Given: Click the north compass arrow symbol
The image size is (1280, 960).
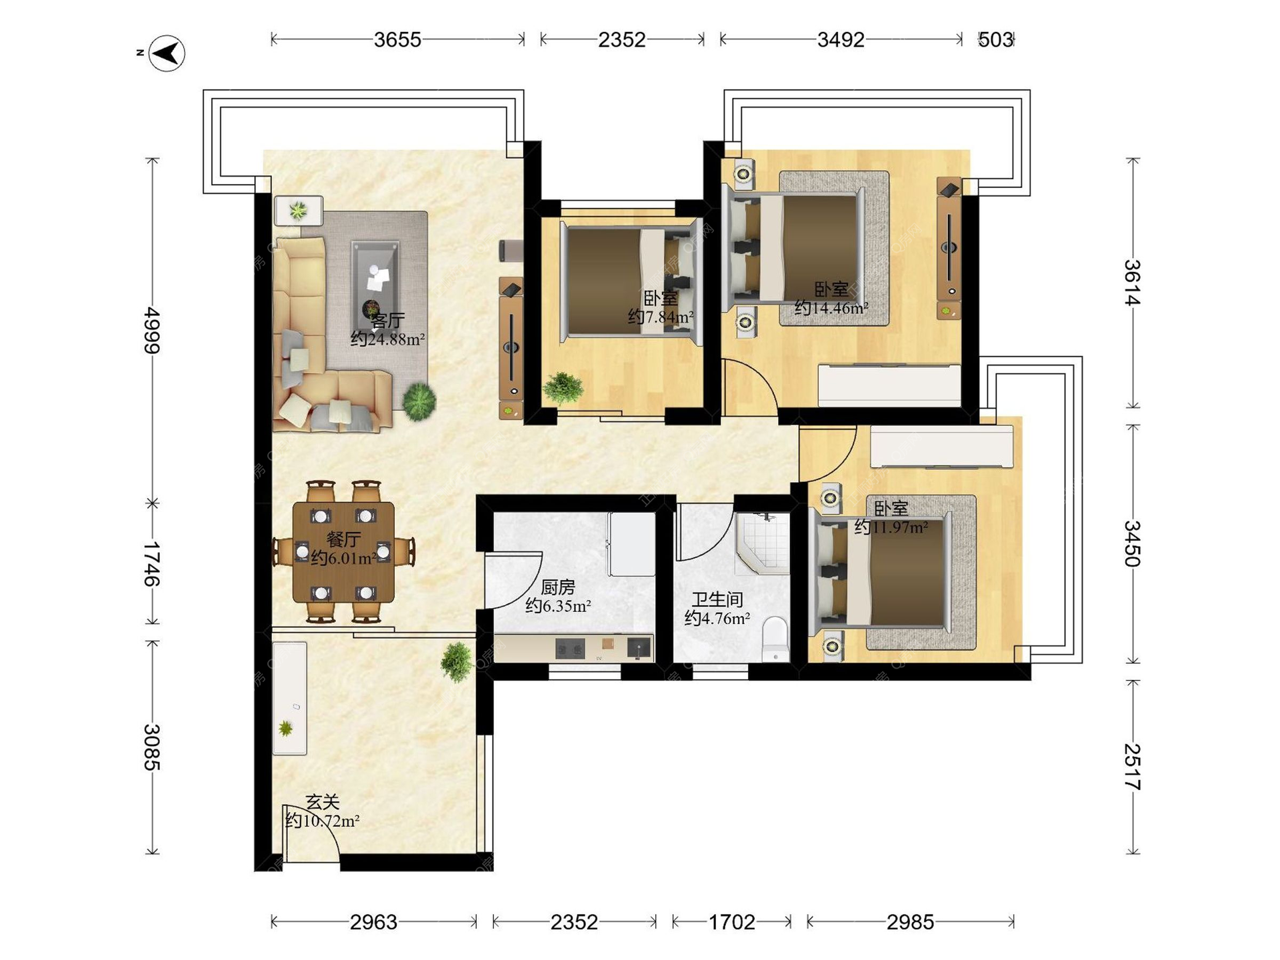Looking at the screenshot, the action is tap(167, 53).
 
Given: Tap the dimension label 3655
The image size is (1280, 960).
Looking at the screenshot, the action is tap(397, 40).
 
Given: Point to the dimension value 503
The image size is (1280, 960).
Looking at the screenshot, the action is tap(995, 40).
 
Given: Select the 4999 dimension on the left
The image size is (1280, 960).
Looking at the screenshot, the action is tap(153, 331).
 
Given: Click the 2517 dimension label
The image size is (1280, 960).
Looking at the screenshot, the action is tap(1133, 767).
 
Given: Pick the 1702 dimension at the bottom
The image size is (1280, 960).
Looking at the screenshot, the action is tap(732, 922).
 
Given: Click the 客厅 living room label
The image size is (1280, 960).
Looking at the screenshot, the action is tap(388, 321).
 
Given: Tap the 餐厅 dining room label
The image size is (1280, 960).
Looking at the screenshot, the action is tap(344, 539).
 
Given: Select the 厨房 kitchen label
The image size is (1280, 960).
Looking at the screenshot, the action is tap(558, 587).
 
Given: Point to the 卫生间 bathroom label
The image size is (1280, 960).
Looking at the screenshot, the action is tap(717, 599).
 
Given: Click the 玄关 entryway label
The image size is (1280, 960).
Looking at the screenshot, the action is tap(323, 802).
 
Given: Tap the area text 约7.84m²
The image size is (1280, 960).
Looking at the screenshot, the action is tap(661, 317).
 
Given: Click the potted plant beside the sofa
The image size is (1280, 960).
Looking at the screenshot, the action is tap(419, 401).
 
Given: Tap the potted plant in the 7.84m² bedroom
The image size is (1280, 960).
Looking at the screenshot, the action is tap(563, 387).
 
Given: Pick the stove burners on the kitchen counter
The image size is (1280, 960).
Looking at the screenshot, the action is tap(570, 648).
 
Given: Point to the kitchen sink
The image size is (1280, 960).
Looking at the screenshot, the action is tap(639, 647).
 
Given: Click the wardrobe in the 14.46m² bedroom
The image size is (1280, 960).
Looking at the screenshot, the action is tap(889, 385).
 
